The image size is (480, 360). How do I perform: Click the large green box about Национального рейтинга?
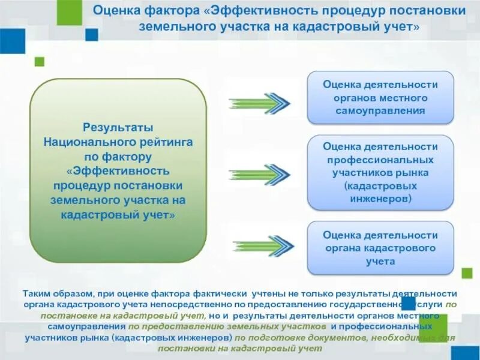[x=118, y=170]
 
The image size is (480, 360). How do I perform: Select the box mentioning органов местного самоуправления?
[x=380, y=98]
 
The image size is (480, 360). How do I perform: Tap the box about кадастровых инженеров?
[x=380, y=172]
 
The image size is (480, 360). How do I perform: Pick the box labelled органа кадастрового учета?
[x=380, y=248]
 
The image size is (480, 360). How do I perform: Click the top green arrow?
[x=259, y=103]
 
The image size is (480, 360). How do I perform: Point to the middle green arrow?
[x=259, y=174]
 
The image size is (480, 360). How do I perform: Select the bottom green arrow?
[x=259, y=246]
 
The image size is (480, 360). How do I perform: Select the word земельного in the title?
[x=173, y=27]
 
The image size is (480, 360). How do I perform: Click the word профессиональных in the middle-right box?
[x=380, y=160]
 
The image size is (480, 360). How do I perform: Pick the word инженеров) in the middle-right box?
[x=380, y=197]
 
